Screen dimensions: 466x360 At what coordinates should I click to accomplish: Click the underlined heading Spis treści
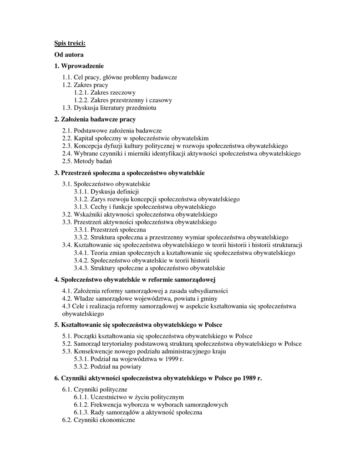(70, 43)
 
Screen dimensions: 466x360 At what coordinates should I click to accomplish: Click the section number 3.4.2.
(81, 260)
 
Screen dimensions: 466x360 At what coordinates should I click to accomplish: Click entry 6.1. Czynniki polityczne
(95, 390)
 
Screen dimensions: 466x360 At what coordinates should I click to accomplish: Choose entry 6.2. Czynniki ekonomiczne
(99, 420)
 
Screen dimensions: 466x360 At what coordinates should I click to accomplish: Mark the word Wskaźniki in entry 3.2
(87, 214)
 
